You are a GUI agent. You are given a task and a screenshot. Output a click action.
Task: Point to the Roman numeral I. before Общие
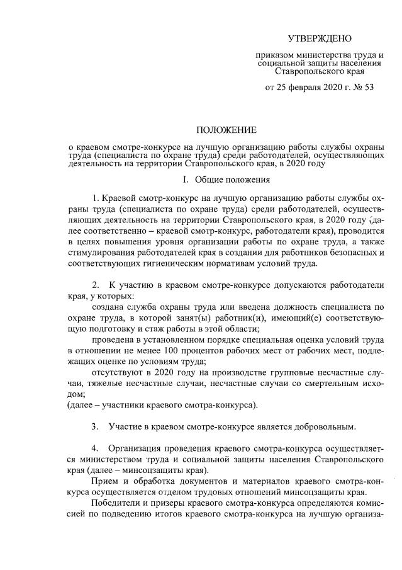click(186, 180)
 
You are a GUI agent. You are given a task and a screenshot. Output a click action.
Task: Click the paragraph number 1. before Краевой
click(96, 202)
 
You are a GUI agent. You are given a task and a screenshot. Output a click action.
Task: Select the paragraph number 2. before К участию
click(96, 285)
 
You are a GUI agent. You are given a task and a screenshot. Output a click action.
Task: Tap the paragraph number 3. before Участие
click(96, 426)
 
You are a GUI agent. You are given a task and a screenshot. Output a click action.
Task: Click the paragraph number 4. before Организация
click(96, 448)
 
